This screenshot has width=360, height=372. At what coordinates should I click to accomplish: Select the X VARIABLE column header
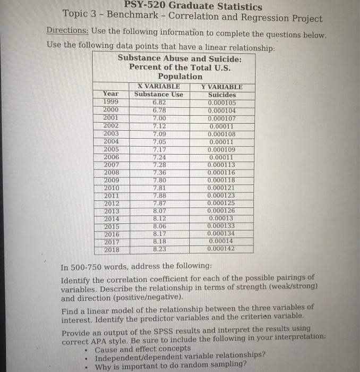158,87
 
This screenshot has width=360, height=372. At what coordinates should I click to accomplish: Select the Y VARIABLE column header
222,87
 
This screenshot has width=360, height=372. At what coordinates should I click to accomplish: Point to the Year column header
111,94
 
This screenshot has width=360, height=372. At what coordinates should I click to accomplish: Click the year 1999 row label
111,102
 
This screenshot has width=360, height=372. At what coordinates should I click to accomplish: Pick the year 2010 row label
111,188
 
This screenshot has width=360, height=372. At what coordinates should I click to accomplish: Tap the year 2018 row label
111,249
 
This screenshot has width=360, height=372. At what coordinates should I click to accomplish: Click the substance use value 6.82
158,102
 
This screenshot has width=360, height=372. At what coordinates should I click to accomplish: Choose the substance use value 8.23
158,249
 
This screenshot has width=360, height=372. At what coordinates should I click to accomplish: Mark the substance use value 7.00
158,117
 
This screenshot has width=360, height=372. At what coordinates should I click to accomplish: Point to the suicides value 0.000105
222,102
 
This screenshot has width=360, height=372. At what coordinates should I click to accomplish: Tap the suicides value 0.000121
222,188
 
